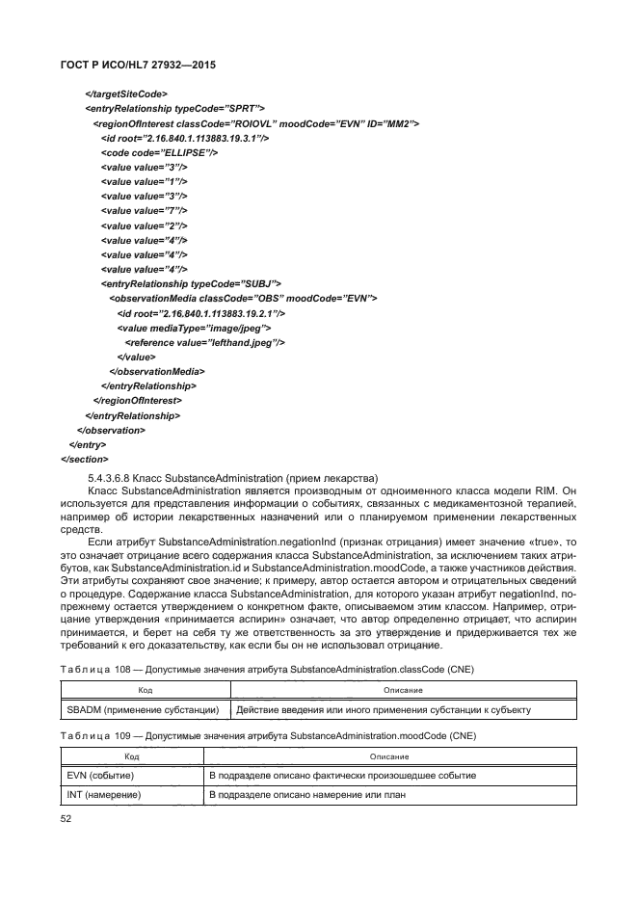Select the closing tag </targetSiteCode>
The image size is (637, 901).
click(x=128, y=93)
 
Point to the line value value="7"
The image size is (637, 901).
click(x=144, y=210)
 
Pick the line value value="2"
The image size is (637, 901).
click(x=144, y=225)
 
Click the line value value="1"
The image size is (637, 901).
click(x=144, y=181)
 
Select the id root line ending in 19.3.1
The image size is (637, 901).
click(x=184, y=138)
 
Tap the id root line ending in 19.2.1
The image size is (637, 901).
click(x=200, y=313)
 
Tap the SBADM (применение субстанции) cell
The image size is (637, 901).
click(x=141, y=710)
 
